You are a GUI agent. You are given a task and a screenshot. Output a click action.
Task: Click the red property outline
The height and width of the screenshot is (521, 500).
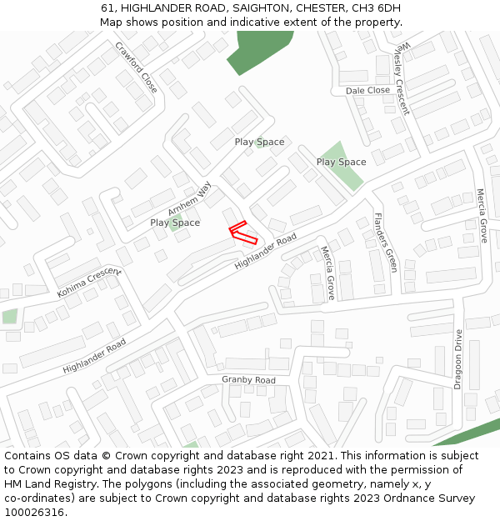[242, 233]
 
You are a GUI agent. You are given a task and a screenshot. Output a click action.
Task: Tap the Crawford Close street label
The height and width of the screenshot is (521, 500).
[137, 67]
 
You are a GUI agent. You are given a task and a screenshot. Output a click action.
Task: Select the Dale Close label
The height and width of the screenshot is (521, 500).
[367, 90]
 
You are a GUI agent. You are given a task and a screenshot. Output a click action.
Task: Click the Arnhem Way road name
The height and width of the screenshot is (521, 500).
[189, 199]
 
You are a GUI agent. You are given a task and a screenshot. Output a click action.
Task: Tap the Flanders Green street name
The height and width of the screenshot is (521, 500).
[386, 243]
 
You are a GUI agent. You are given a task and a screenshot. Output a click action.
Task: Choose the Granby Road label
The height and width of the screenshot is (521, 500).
[248, 380]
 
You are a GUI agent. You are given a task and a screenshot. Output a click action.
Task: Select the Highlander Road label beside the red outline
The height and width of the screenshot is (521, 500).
[265, 251]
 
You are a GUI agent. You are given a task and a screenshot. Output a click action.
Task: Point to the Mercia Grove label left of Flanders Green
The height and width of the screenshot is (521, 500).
[327, 273]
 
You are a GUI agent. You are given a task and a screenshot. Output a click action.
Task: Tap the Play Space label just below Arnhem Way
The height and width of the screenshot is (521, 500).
[175, 223]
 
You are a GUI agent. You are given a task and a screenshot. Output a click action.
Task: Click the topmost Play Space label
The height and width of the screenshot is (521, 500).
[259, 142]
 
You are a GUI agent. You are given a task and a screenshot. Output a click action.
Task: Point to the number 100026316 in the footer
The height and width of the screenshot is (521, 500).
[33, 512]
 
